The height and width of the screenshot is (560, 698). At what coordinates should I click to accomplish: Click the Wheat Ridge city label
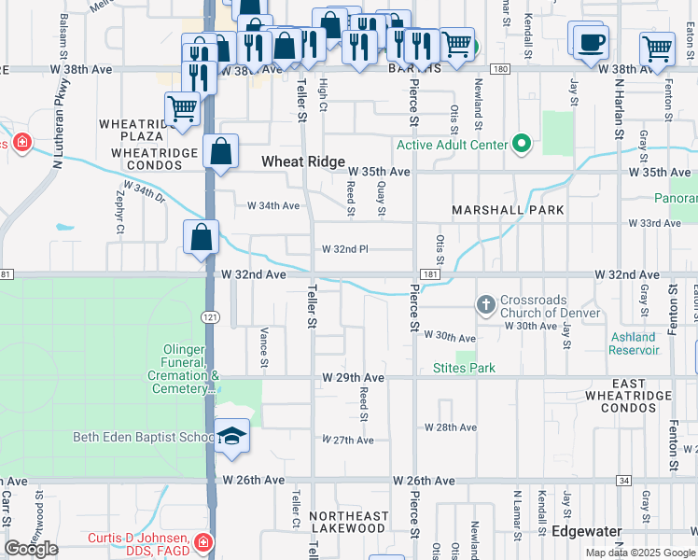click(x=297, y=161)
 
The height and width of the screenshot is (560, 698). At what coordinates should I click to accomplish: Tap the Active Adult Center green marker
click(x=522, y=145)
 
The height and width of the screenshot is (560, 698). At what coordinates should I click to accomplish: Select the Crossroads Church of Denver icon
click(x=485, y=305)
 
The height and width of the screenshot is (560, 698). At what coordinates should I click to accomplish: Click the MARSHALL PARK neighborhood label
click(x=509, y=210)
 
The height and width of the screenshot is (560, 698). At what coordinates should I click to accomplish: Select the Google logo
click(x=31, y=549)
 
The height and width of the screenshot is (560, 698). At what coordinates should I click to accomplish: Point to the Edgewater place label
click(x=587, y=530)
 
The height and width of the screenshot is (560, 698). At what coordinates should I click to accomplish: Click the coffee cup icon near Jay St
click(x=591, y=42)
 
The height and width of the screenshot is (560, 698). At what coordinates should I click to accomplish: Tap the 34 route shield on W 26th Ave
click(x=623, y=481)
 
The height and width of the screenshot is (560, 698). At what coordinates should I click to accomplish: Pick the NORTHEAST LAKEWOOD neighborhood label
click(x=349, y=522)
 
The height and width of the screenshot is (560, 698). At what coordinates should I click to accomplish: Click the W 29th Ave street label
click(x=354, y=377)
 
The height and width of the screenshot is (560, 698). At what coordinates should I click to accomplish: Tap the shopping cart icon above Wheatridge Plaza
click(x=182, y=107)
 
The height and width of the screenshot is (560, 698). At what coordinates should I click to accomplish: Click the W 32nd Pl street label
click(x=345, y=249)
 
